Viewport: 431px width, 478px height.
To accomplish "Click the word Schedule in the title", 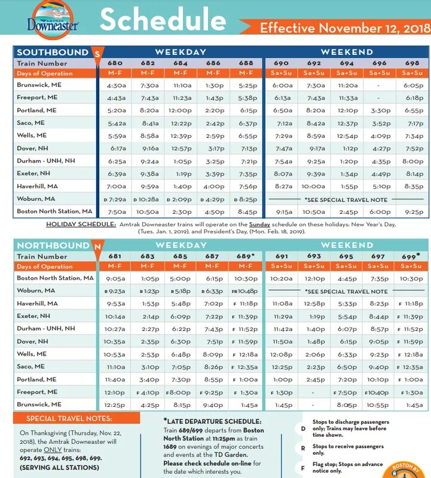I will (163, 20).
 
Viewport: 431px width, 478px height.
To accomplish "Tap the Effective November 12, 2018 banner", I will (345, 28).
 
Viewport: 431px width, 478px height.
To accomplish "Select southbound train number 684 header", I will (181, 63).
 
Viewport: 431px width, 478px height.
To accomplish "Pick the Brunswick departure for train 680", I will (116, 85).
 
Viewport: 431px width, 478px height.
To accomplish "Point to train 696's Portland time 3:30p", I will (379, 111).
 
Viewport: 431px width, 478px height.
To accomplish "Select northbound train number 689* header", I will (245, 256).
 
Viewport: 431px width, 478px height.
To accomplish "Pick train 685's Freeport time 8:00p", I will (179, 393).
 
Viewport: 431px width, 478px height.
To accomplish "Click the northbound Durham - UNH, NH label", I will (46, 329).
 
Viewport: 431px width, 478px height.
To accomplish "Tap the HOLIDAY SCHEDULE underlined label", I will (81, 224).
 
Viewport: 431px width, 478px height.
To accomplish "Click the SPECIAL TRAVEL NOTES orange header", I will (68, 419).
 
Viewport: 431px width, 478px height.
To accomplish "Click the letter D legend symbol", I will (302, 429).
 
